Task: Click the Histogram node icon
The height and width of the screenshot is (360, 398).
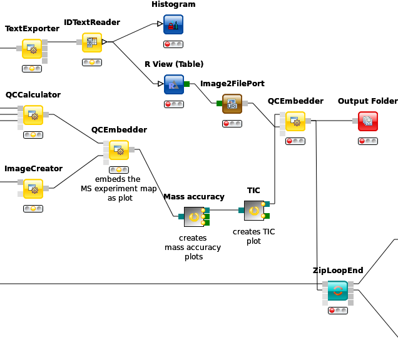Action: click(173, 24)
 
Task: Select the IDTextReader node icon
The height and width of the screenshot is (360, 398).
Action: click(92, 42)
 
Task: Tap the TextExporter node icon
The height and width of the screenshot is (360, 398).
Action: click(32, 49)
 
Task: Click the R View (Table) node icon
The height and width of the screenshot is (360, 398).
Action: click(174, 84)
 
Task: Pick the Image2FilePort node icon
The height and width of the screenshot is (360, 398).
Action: click(232, 104)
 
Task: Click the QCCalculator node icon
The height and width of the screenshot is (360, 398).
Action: click(33, 115)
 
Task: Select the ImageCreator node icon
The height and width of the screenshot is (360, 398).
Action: click(33, 189)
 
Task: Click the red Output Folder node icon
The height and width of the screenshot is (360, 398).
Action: click(368, 121)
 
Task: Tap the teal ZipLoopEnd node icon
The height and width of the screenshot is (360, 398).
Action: click(337, 291)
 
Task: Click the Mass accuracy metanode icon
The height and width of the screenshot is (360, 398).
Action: click(194, 217)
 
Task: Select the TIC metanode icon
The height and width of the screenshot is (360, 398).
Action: click(254, 211)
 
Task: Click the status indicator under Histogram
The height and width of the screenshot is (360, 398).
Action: click(173, 44)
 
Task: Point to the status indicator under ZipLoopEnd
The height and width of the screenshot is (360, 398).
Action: click(338, 311)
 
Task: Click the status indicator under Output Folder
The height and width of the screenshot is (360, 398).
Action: click(368, 141)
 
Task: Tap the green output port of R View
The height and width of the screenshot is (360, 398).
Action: click(187, 84)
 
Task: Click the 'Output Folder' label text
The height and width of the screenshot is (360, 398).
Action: click(368, 101)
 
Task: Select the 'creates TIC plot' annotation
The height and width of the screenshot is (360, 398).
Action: click(254, 236)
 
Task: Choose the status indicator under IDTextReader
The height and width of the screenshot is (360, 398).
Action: click(92, 62)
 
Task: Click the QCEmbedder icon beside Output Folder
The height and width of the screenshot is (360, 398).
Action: click(295, 121)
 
